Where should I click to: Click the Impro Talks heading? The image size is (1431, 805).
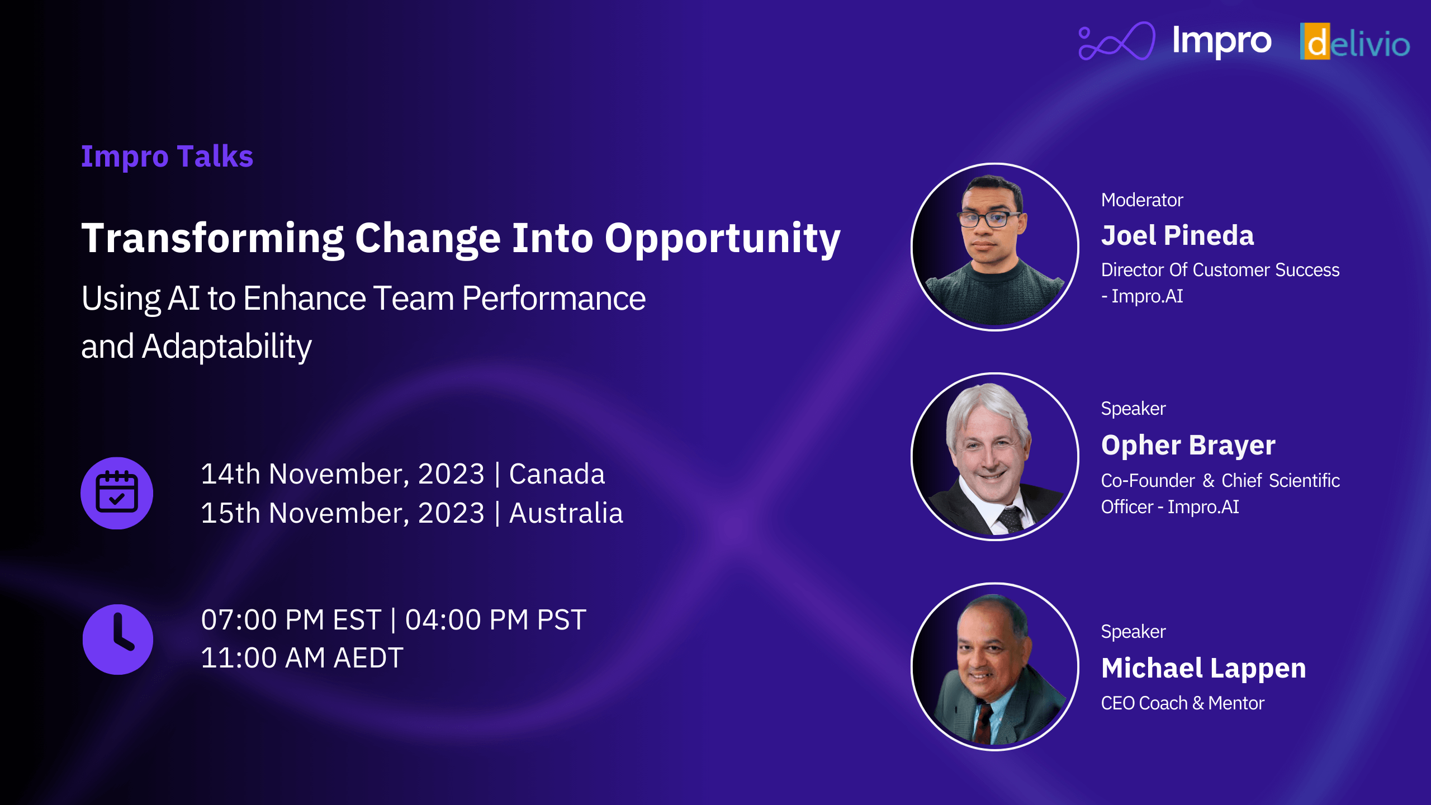pos(167,157)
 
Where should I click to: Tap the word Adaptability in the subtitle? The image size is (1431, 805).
pos(227,347)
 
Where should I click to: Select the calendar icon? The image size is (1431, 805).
pos(117,493)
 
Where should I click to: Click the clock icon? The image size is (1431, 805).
pos(117,640)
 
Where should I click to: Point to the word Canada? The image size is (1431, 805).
pos(557,474)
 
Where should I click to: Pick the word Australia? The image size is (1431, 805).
pos(566,513)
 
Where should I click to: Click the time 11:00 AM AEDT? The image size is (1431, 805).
pos(302,658)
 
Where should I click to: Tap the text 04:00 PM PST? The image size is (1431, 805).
pos(495,620)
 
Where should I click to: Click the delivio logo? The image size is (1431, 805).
pos(1354,42)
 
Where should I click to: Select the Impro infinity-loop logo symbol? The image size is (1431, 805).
pos(1116,41)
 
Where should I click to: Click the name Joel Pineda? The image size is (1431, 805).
pos(1177,235)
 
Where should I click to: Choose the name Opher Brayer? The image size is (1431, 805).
pos(1188,446)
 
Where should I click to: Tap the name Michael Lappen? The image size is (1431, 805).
pos(1203,669)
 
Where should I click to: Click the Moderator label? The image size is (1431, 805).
pos(1142,200)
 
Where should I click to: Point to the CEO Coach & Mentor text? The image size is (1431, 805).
pos(1182,703)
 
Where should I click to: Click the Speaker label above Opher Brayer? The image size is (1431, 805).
pos(1133,409)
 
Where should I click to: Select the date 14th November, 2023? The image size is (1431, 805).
pos(342,474)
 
